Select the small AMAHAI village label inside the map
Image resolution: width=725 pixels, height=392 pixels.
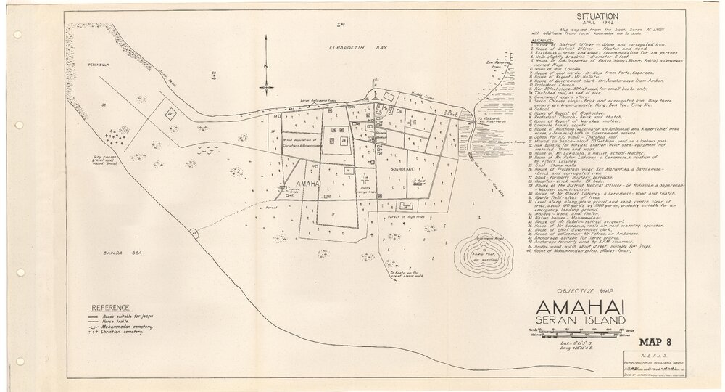point(309,185)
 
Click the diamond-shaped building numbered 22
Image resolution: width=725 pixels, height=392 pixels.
point(170,114)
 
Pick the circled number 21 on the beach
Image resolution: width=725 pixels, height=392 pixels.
point(194,232)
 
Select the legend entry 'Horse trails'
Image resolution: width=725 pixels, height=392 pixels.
point(136,322)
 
